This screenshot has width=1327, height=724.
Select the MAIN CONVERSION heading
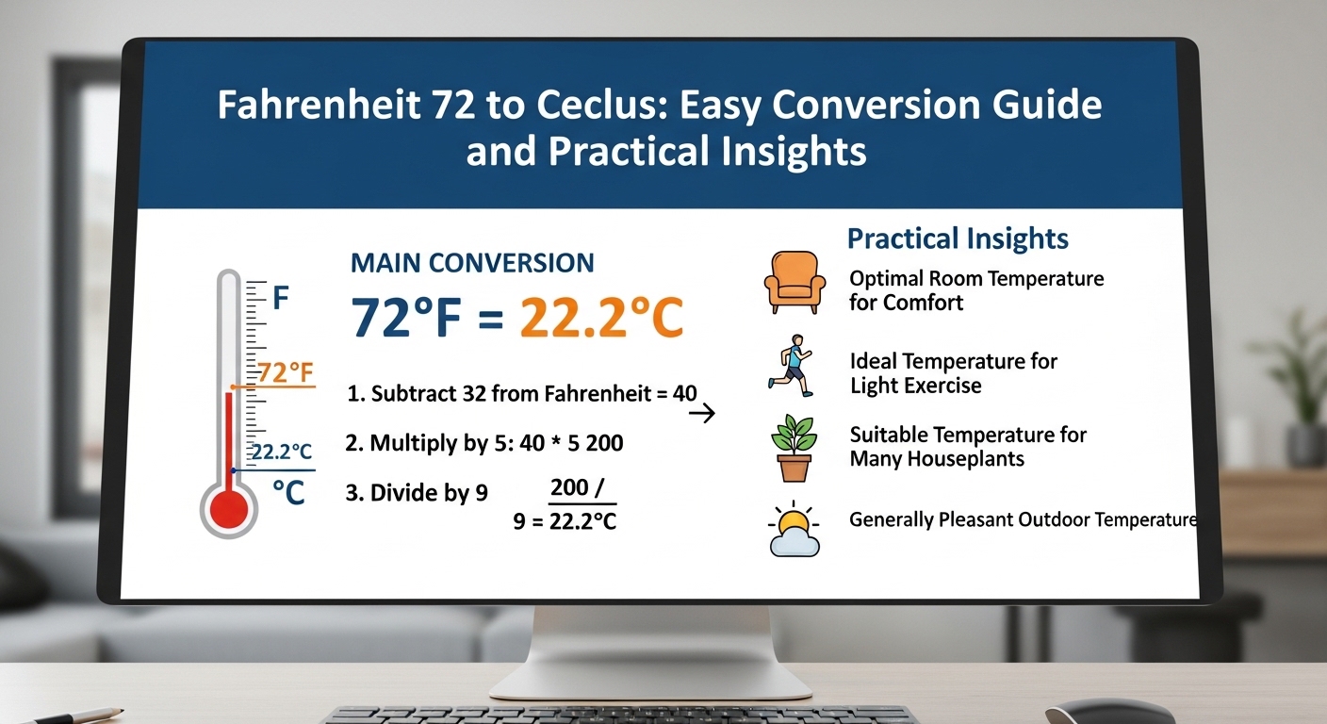pyautogui.click(x=472, y=263)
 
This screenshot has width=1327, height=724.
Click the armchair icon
pyautogui.click(x=794, y=282)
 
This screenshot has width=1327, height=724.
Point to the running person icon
pyautogui.click(x=790, y=364)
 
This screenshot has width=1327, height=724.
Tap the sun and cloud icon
pyautogui.click(x=794, y=529)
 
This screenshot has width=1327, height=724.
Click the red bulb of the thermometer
pyautogui.click(x=226, y=509)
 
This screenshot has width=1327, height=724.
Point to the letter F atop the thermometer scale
pyautogui.click(x=280, y=301)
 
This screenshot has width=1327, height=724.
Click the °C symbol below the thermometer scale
pyautogui.click(x=288, y=492)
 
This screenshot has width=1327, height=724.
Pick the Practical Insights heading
pyautogui.click(x=958, y=238)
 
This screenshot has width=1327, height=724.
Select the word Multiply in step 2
pyautogui.click(x=410, y=443)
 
